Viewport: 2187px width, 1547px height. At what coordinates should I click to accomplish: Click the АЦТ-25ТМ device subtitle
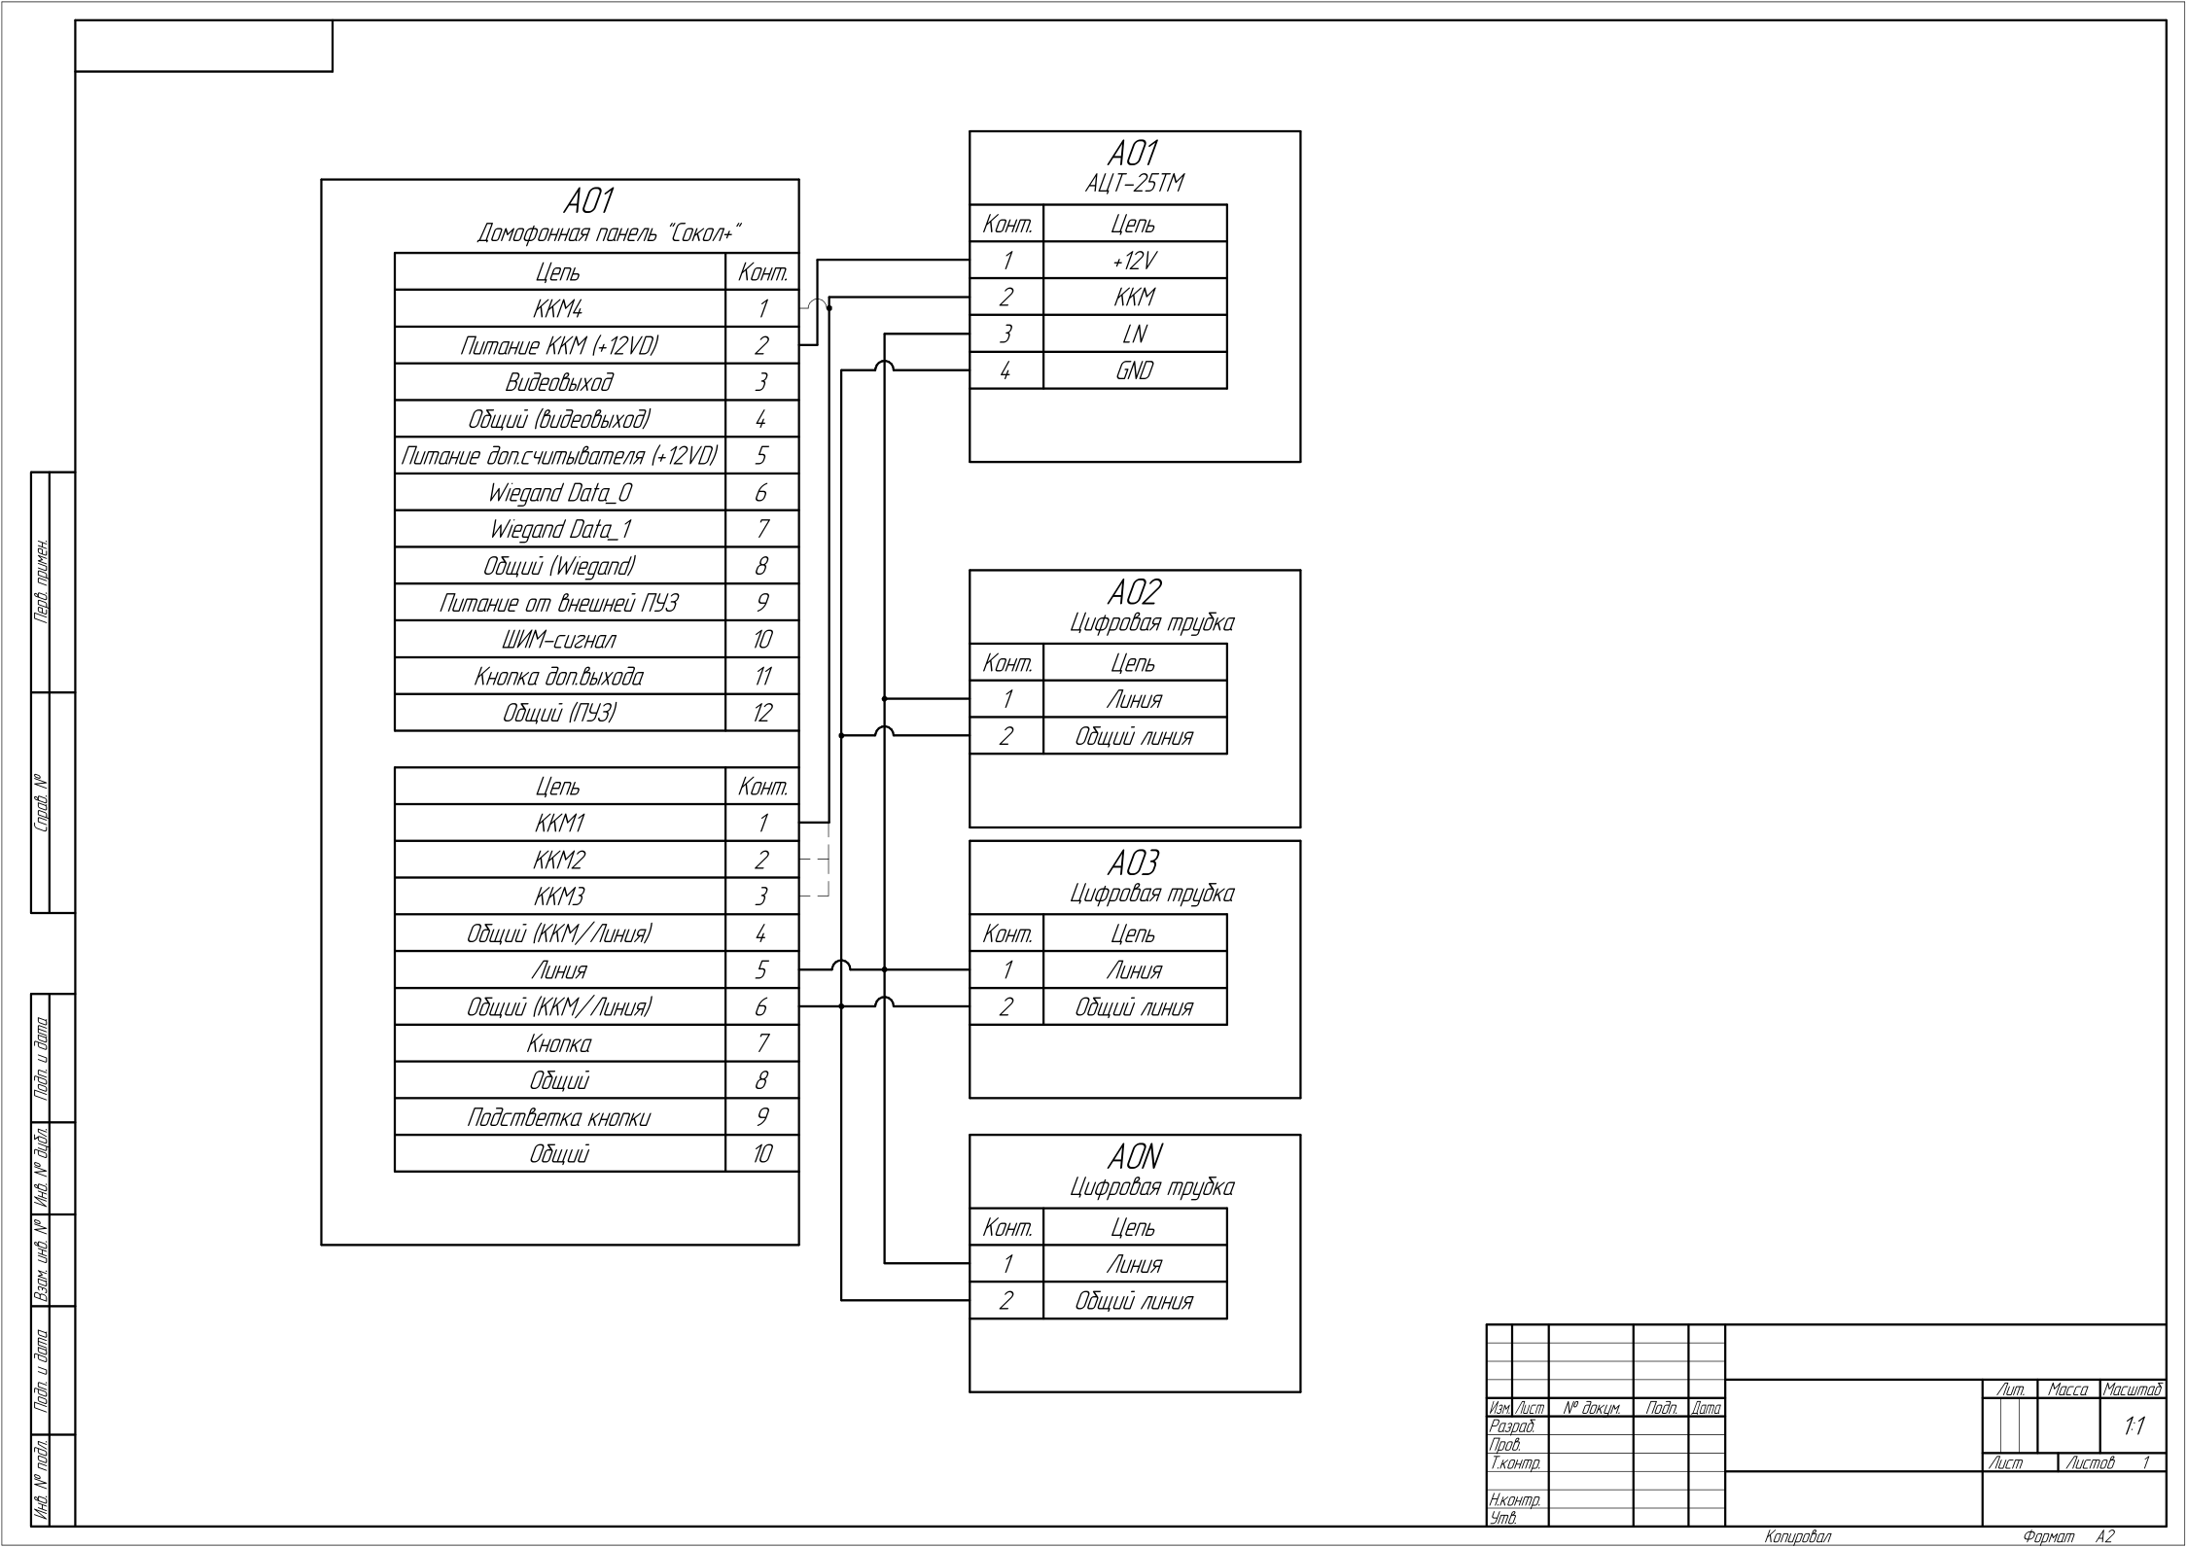tap(1134, 184)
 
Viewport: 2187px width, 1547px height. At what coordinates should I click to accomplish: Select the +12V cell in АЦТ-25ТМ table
tap(1134, 261)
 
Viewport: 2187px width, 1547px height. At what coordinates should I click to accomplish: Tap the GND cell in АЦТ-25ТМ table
tap(1134, 370)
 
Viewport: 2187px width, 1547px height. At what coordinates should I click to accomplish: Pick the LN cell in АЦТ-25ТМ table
tap(1134, 334)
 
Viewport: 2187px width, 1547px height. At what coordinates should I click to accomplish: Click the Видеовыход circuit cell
tap(559, 382)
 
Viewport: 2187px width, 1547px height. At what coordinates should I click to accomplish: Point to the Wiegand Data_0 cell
tap(559, 493)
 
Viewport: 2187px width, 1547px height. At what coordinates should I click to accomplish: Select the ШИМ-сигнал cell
tap(559, 640)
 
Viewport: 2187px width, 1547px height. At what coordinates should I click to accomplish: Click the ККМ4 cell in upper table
tap(559, 309)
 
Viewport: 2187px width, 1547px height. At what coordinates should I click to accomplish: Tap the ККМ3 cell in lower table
tap(559, 897)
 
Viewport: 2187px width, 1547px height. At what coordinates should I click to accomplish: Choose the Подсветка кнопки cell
tap(559, 1117)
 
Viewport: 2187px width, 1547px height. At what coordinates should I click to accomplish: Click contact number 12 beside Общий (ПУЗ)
tap(761, 713)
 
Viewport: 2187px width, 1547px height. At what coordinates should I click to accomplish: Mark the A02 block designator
tap(1134, 592)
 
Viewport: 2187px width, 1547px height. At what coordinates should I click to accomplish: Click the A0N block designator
tap(1134, 1157)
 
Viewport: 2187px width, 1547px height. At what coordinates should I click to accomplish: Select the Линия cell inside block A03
tap(1134, 970)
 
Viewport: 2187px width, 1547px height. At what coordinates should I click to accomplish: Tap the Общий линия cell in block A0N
tap(1134, 1301)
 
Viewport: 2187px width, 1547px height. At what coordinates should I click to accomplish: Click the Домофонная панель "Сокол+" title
tap(609, 233)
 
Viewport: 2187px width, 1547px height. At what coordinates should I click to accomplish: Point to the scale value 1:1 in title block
tap(2133, 1427)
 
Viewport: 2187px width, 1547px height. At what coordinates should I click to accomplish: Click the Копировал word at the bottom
tap(1797, 1536)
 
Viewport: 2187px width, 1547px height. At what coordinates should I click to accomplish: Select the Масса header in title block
tap(2067, 1389)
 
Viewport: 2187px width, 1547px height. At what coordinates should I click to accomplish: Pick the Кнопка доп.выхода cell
tap(559, 677)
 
